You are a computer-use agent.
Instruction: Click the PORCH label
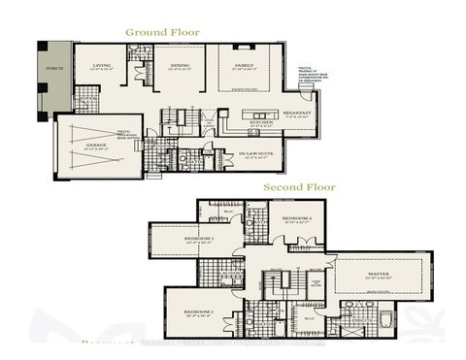pyautogui.click(x=54, y=69)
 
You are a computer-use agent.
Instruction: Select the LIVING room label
pyautogui.click(x=101, y=67)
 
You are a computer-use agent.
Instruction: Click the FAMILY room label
pyautogui.click(x=244, y=67)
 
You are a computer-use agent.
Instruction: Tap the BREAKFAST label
pyautogui.click(x=293, y=112)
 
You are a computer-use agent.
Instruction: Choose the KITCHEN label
pyautogui.click(x=260, y=123)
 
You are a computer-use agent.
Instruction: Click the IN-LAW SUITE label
pyautogui.click(x=254, y=153)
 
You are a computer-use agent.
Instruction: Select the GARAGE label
pyautogui.click(x=95, y=145)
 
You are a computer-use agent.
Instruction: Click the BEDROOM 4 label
pyautogui.click(x=296, y=219)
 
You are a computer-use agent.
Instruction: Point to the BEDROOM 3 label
pyautogui.click(x=198, y=239)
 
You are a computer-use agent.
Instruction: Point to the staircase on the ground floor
pyautogui.click(x=179, y=118)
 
